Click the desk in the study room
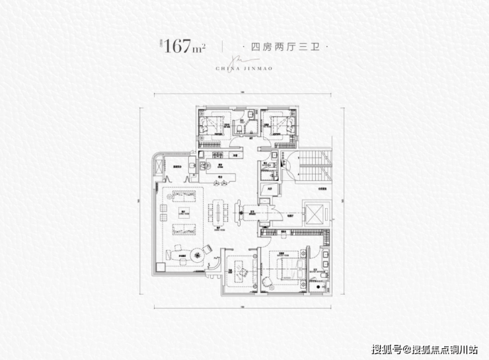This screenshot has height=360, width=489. pyautogui.click(x=237, y=267)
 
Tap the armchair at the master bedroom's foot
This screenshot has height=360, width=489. pyautogui.click(x=267, y=283)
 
